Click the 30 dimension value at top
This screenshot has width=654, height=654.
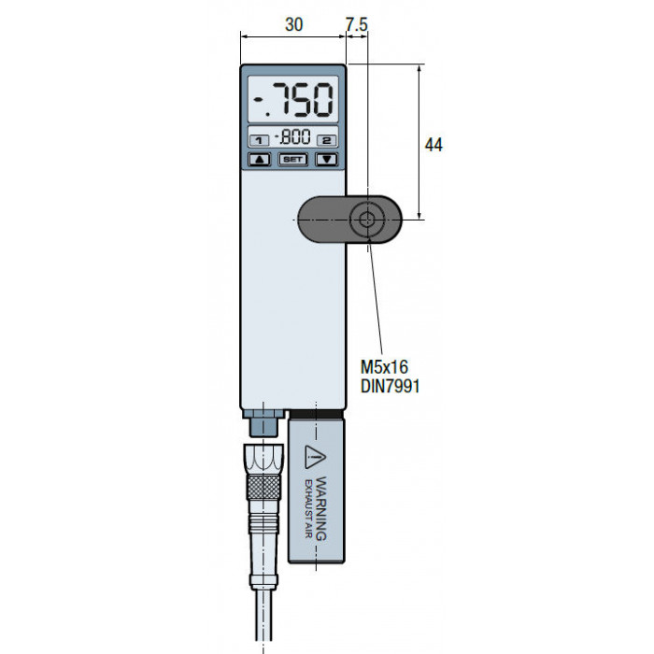click(x=293, y=24)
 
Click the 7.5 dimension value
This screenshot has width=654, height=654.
click(x=357, y=24)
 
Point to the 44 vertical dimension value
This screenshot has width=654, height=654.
click(x=434, y=145)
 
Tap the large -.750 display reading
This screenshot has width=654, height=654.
click(x=294, y=100)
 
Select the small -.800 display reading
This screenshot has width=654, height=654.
click(x=292, y=136)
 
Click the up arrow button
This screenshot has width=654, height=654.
click(x=260, y=160)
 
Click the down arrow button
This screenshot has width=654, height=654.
click(x=327, y=160)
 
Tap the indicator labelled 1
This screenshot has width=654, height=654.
click(x=259, y=140)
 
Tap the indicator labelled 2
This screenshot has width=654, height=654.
click(x=327, y=140)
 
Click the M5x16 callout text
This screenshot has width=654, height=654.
click(x=384, y=367)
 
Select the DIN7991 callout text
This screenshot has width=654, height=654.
click(x=390, y=386)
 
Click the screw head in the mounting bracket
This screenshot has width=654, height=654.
click(x=367, y=220)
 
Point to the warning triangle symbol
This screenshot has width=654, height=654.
click(x=315, y=457)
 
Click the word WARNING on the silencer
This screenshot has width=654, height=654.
click(x=320, y=509)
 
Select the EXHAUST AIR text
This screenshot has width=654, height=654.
click(x=309, y=509)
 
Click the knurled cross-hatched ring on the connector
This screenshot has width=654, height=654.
click(x=263, y=487)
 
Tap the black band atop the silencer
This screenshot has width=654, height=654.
click(x=316, y=413)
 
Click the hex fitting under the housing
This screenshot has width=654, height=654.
click(x=263, y=422)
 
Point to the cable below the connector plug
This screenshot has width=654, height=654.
click(x=263, y=615)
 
